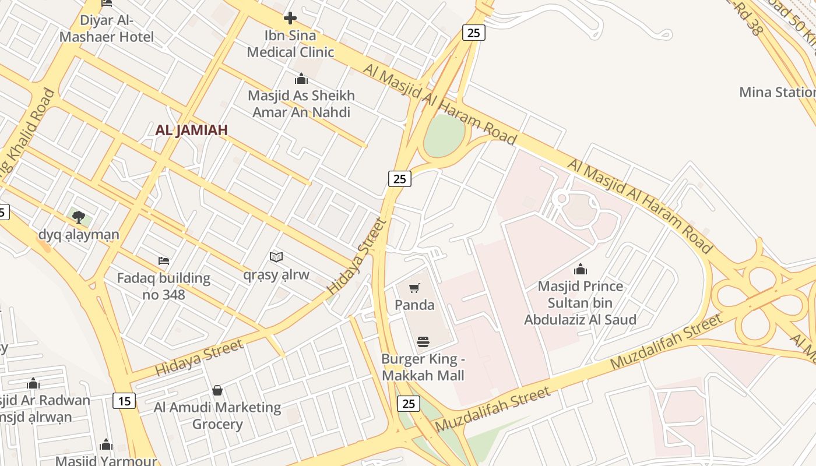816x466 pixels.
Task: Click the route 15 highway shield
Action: (x=124, y=401)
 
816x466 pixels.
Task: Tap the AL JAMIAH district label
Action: (x=191, y=130)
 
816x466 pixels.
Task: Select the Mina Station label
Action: (x=777, y=92)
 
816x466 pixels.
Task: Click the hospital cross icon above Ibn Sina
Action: (x=290, y=19)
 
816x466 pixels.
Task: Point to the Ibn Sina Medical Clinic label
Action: (x=290, y=44)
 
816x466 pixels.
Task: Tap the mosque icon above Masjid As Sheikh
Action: (x=301, y=79)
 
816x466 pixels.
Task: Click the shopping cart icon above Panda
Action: (x=414, y=288)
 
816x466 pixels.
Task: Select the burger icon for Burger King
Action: (x=423, y=341)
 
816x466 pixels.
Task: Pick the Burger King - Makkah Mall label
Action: (x=423, y=367)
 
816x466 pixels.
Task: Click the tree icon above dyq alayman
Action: (x=79, y=217)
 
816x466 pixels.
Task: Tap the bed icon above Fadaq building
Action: (x=164, y=260)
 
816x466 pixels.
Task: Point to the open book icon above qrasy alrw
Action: (x=276, y=257)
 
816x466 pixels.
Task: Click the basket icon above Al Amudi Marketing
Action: (x=217, y=390)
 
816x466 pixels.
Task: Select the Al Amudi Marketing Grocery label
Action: (x=217, y=415)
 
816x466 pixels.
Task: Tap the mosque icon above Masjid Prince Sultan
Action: (x=580, y=269)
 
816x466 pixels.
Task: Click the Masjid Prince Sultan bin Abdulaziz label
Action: (x=580, y=303)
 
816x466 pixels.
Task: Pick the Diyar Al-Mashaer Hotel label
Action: (x=107, y=29)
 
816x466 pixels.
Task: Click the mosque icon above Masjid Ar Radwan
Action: (x=33, y=384)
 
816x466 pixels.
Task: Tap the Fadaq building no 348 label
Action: (x=164, y=286)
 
